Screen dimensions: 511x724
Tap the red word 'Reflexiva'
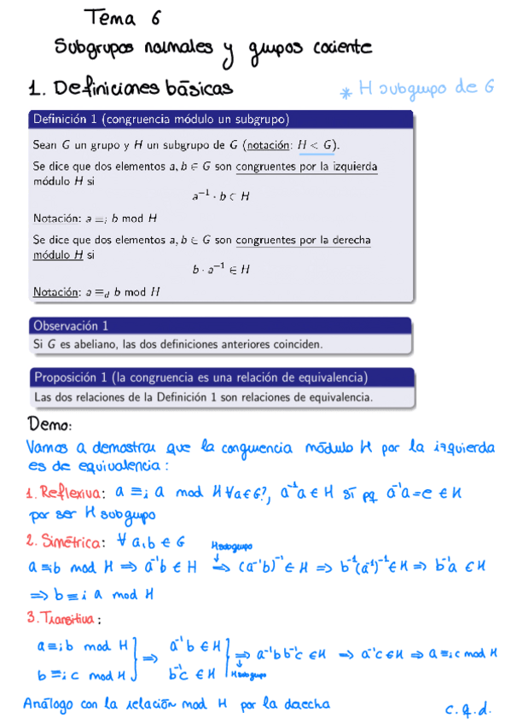click(71, 493)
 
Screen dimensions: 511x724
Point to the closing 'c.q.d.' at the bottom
click(466, 708)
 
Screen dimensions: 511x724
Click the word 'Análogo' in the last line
click(52, 704)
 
